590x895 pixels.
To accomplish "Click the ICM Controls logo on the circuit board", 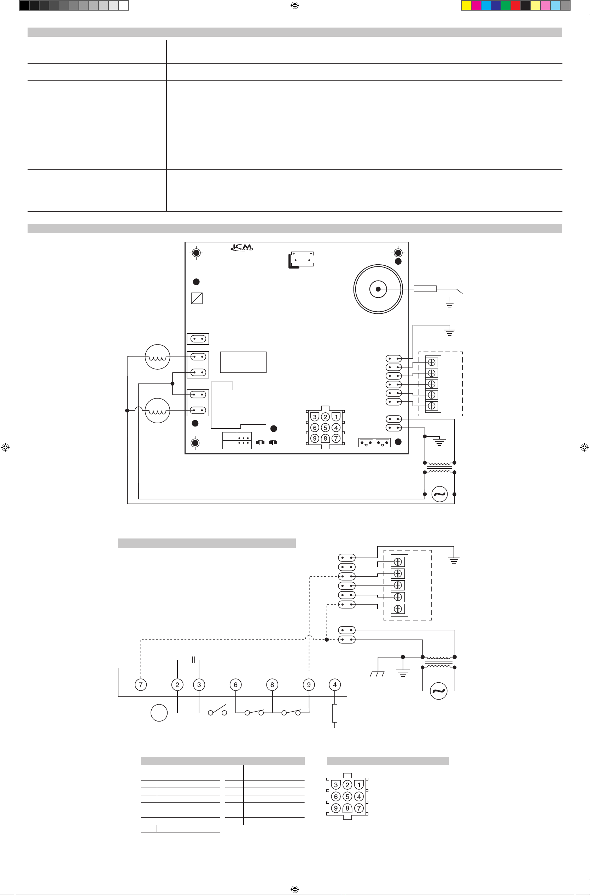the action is click(242, 247).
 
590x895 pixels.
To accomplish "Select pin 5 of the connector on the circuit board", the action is click(326, 428).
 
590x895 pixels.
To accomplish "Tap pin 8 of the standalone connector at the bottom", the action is click(347, 808).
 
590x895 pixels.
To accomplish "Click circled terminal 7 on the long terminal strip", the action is click(141, 684).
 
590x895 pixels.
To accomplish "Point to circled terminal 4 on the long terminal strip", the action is click(335, 684).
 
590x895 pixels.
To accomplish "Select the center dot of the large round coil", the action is click(378, 289).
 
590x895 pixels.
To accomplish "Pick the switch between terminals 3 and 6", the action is click(217, 710).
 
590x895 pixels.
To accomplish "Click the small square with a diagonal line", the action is click(197, 298).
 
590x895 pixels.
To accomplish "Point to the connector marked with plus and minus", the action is click(302, 260).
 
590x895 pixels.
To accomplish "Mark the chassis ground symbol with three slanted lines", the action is click(377, 674).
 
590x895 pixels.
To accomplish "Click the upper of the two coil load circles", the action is click(158, 357).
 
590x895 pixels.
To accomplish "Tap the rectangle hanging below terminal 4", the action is click(335, 713).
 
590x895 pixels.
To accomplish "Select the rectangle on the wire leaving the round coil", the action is click(425, 289).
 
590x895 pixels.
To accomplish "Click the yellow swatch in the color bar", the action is click(466, 5).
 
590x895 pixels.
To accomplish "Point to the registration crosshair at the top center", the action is click(295, 5).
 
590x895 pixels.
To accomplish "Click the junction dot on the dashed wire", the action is click(327, 639).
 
